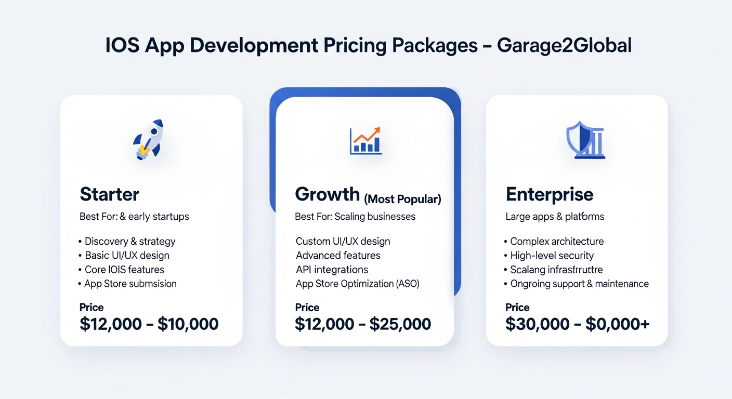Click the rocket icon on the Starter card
tap(148, 139)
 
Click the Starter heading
tap(109, 194)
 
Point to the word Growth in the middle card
tap(328, 194)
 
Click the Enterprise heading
tap(550, 194)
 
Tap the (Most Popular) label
tap(402, 198)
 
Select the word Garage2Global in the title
tap(564, 46)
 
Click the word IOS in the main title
tap(123, 46)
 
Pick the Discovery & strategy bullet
tap(129, 241)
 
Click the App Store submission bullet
tap(130, 284)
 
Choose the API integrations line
tap(332, 270)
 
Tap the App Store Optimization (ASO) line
tap(357, 284)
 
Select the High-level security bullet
tap(552, 256)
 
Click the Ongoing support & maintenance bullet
tap(579, 284)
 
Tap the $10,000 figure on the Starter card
tap(188, 324)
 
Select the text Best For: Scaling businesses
tap(355, 216)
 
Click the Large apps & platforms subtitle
tap(555, 216)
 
